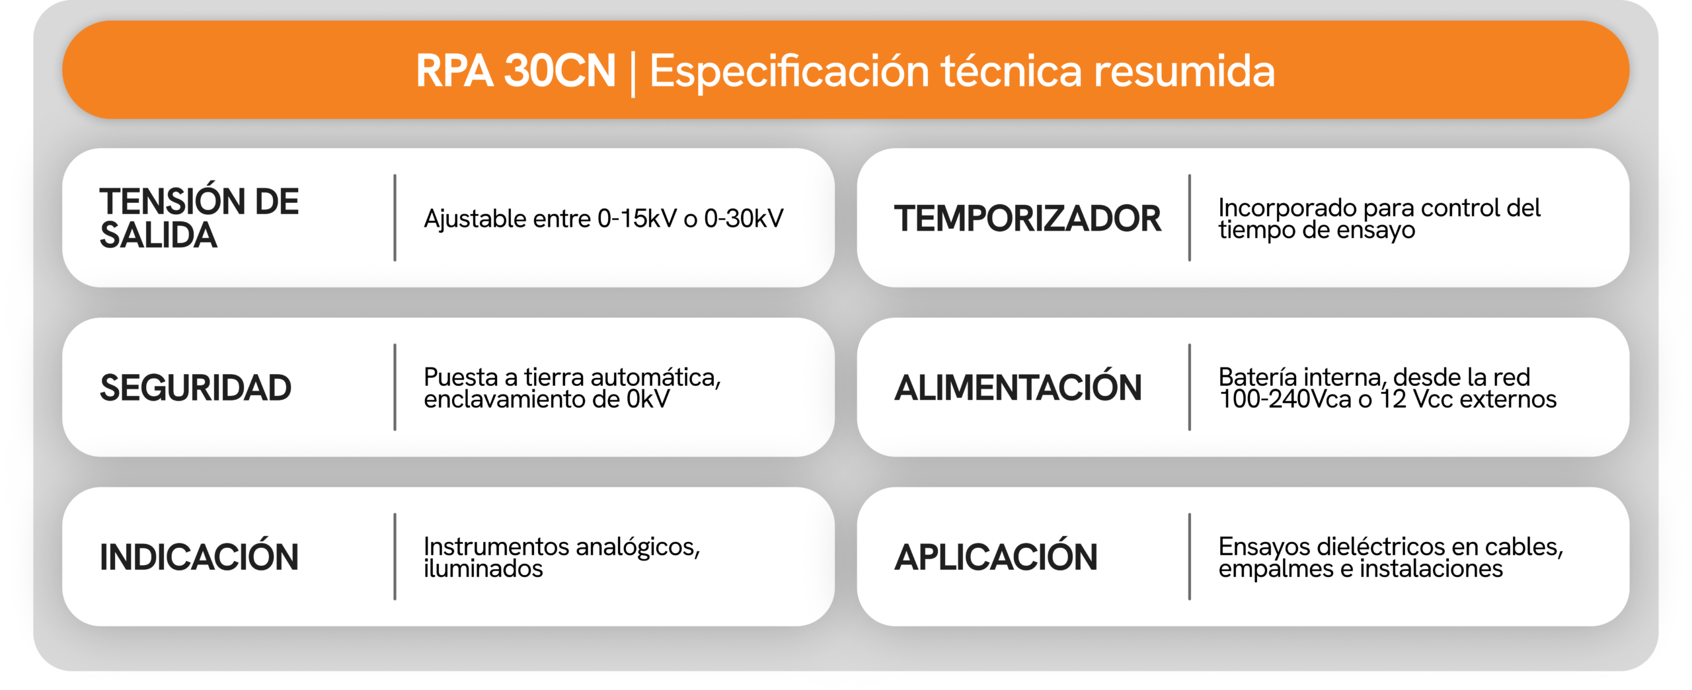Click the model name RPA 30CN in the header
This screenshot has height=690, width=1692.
click(x=516, y=71)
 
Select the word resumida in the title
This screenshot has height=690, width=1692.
click(x=1184, y=71)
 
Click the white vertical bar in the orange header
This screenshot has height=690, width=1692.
click(x=633, y=75)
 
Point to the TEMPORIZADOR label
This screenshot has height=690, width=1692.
click(x=1027, y=219)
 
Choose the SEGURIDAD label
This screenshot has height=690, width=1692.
click(x=196, y=388)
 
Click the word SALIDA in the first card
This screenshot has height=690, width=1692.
click(x=158, y=235)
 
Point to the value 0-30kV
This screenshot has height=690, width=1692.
click(x=744, y=219)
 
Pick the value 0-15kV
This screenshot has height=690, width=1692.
click(x=637, y=219)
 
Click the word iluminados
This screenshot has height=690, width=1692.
click(x=483, y=568)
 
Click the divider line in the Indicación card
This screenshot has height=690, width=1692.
click(x=395, y=556)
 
